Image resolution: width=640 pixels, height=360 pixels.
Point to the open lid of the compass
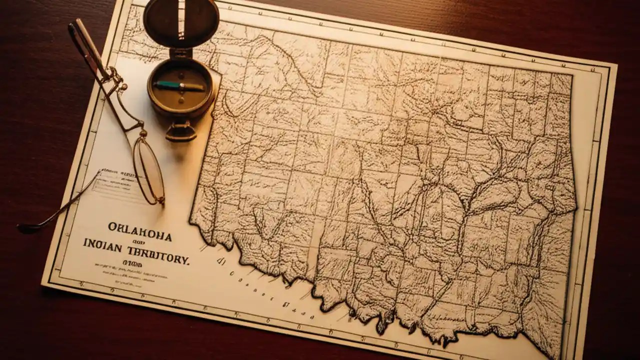point(181,21)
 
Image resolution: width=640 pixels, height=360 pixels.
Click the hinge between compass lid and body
point(181,52)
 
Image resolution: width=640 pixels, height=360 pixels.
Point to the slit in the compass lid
point(181,20)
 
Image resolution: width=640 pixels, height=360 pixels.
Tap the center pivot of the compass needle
point(181,86)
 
